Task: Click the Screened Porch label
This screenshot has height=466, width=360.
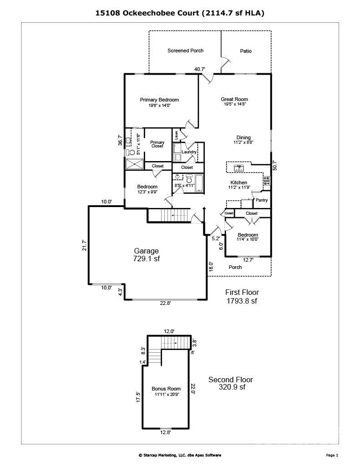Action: pos(185,51)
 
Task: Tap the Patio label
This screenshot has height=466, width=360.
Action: pos(246,51)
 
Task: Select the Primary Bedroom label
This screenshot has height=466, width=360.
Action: pos(159,100)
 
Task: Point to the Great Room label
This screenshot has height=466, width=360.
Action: pos(234,99)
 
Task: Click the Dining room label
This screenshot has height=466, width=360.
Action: pos(243,138)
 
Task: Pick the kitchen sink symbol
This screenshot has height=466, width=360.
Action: pos(238,168)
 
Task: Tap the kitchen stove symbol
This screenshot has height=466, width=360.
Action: pos(266,181)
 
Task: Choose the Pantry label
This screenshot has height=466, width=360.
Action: pos(262,200)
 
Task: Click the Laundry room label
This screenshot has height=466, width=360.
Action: pos(189,152)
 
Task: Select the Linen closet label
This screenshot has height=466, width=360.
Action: pos(176,135)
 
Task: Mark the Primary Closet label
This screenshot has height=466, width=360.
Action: pos(157,144)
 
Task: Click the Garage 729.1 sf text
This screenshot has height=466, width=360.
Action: pos(146,254)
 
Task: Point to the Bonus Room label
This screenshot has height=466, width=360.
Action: pos(166,389)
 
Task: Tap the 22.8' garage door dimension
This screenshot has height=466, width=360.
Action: pos(166,304)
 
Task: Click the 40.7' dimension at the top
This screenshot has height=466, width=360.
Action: pos(200,69)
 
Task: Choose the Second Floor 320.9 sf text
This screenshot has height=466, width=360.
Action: pos(230,383)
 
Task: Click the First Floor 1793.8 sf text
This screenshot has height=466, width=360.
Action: pos(242,296)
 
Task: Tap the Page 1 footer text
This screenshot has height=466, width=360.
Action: pos(332,455)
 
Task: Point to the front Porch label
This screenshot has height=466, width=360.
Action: pos(235,267)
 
